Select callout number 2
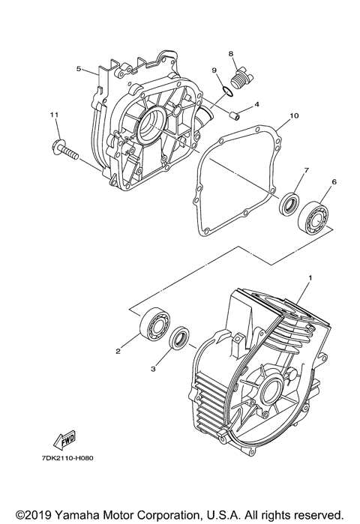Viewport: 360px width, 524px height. [118, 349]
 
